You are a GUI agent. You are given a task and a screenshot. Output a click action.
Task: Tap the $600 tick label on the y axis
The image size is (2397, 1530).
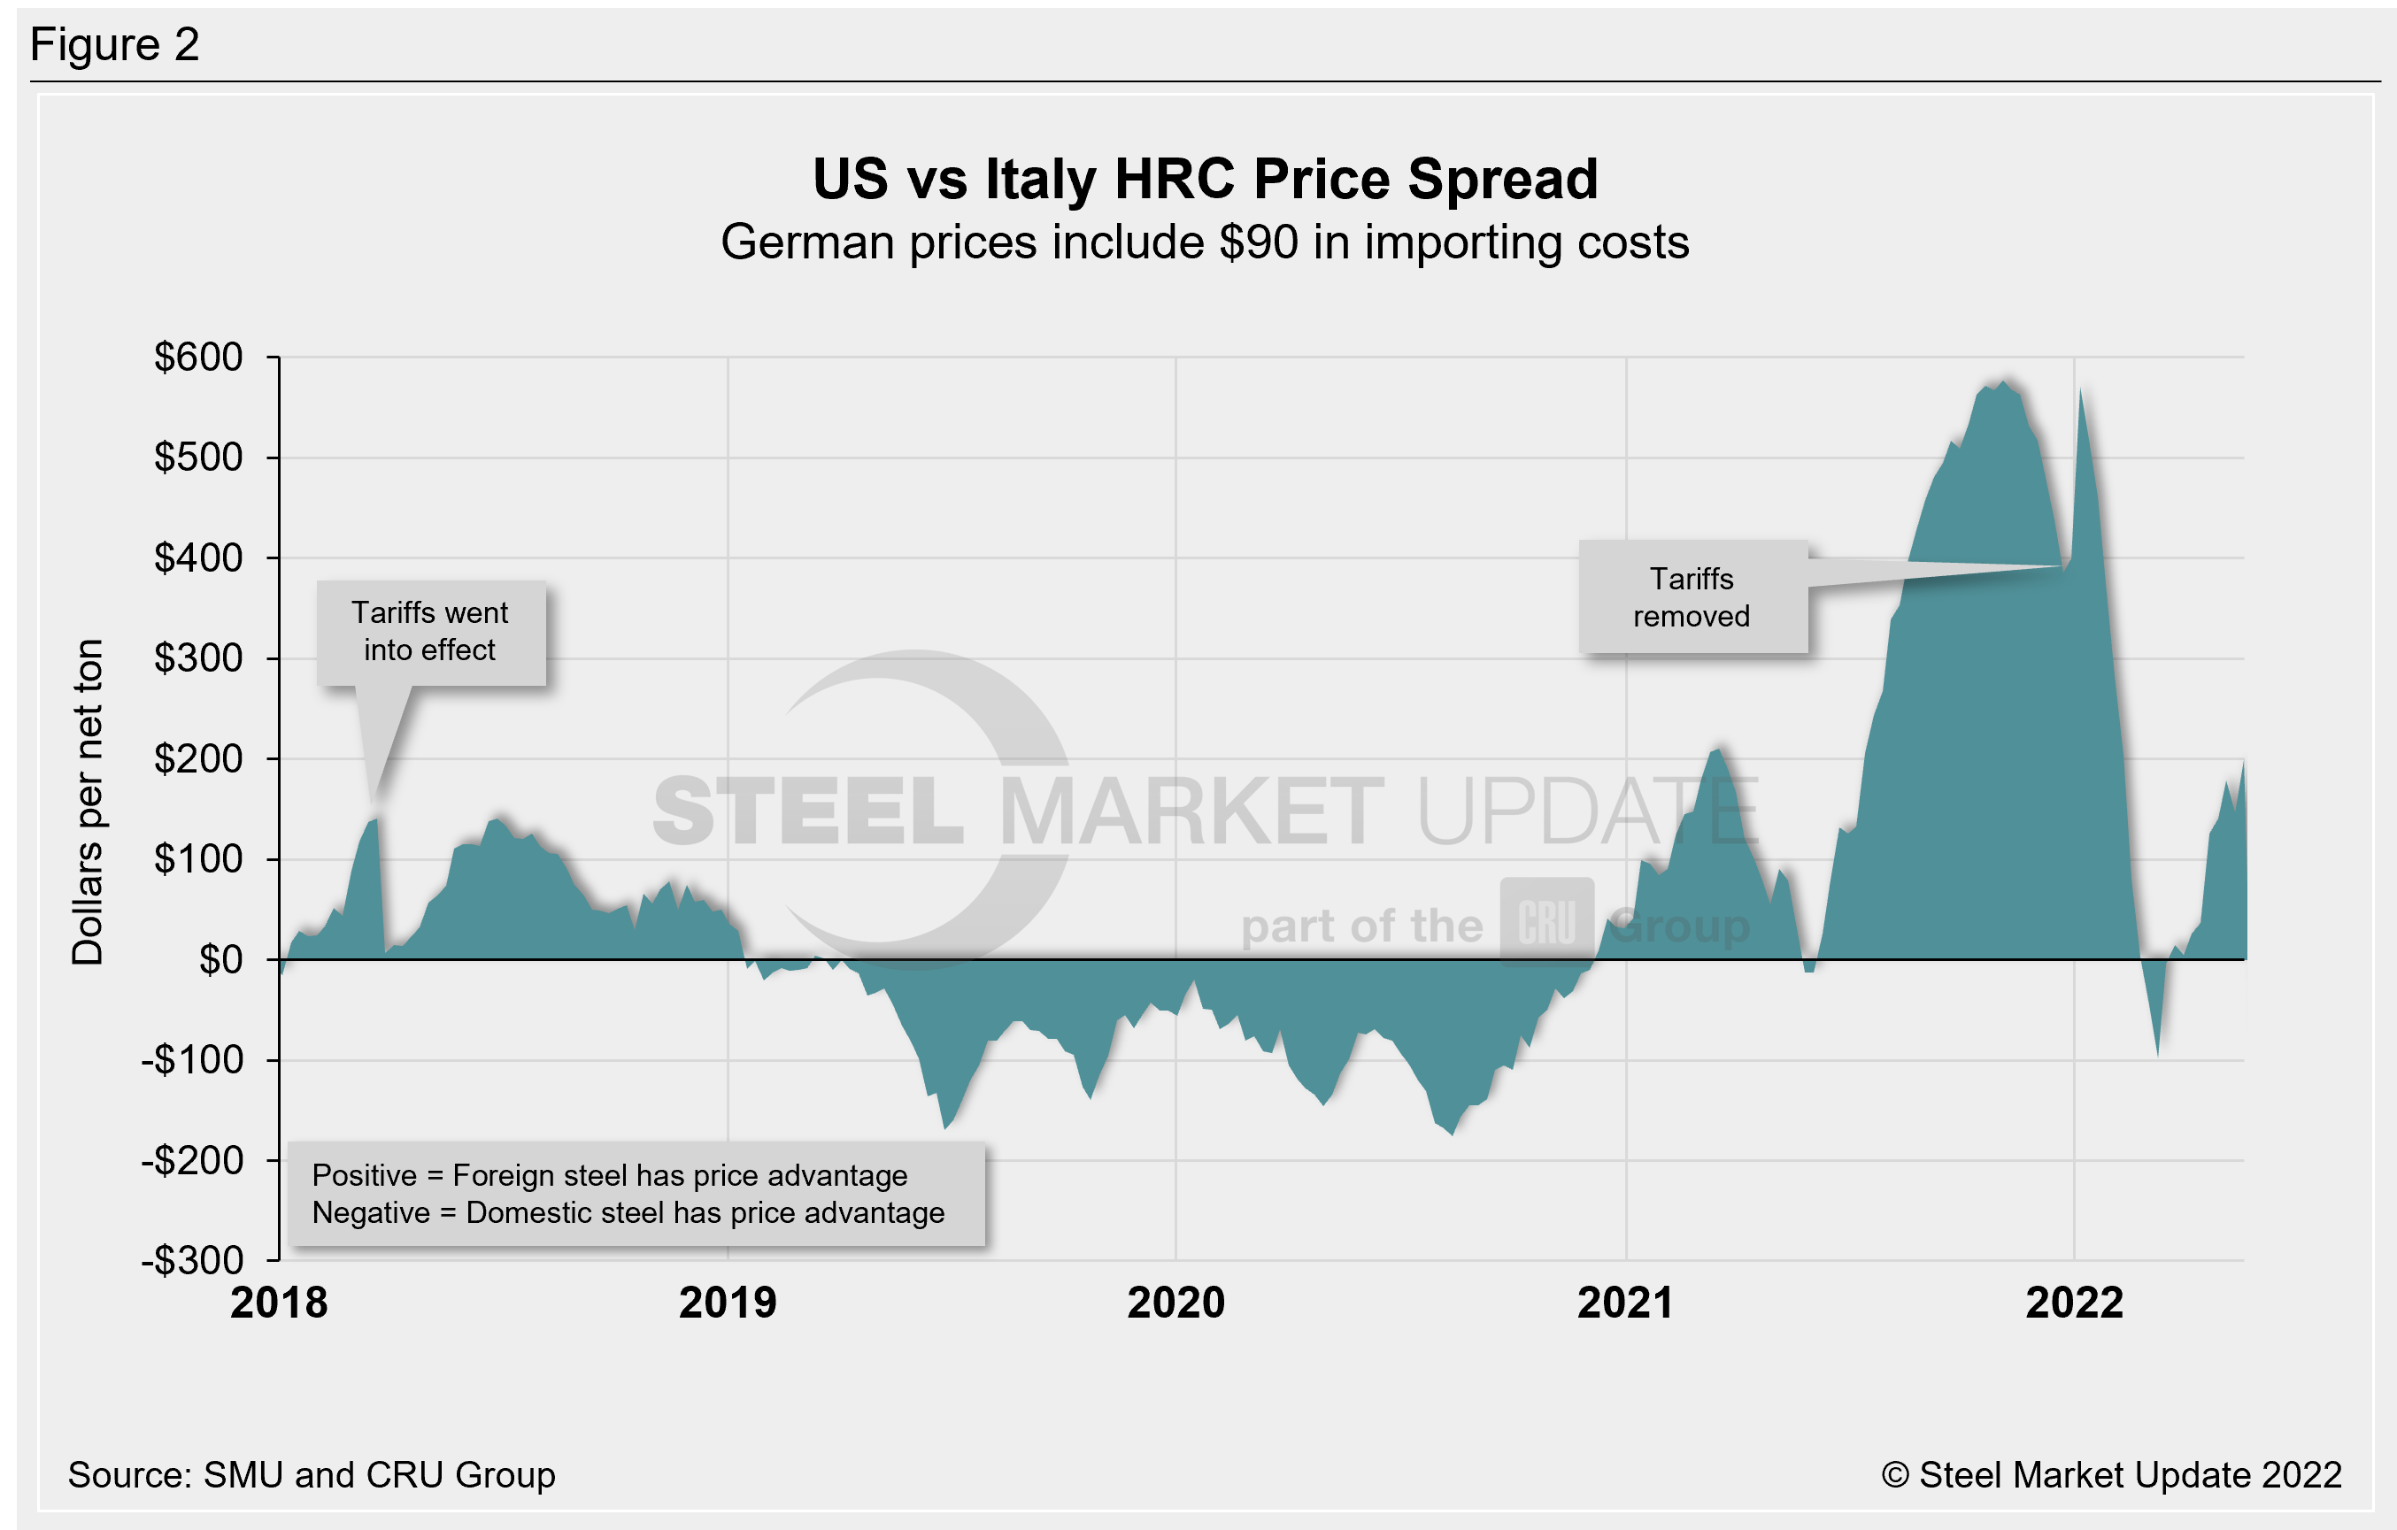pyautogui.click(x=198, y=357)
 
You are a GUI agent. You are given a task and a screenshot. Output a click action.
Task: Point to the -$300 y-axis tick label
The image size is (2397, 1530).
pyautogui.click(x=192, y=1260)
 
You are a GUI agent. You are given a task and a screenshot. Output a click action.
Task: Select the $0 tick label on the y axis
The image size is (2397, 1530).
pyautogui.click(x=221, y=959)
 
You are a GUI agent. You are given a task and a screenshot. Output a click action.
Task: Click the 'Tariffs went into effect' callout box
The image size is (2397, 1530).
pyautogui.click(x=431, y=632)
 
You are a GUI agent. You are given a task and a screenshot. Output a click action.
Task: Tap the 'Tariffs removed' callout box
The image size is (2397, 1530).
pyautogui.click(x=1692, y=597)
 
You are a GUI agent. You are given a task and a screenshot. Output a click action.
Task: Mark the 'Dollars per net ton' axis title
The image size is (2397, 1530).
pyautogui.click(x=88, y=803)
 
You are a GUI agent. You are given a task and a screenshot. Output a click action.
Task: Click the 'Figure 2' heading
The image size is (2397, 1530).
pyautogui.click(x=114, y=45)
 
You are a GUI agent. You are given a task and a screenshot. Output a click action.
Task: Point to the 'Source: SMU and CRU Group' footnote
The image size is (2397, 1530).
pyautogui.click(x=312, y=1474)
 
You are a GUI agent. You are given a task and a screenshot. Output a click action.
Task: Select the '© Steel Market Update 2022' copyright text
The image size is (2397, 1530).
pyautogui.click(x=2111, y=1474)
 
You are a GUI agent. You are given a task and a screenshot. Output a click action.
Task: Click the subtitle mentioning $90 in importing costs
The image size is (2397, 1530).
pyautogui.click(x=1205, y=242)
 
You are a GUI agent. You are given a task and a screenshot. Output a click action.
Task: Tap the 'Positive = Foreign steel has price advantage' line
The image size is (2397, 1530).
pyautogui.click(x=609, y=1176)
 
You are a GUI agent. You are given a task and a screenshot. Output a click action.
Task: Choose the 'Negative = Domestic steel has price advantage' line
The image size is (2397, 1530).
pyautogui.click(x=628, y=1212)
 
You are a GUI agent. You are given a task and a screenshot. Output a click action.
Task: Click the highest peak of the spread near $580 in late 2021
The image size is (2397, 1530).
pyautogui.click(x=2004, y=381)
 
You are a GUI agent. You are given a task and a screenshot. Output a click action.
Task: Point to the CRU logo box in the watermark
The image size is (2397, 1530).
pyautogui.click(x=1547, y=922)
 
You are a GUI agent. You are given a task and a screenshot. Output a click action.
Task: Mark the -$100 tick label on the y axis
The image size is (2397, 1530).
pyautogui.click(x=192, y=1060)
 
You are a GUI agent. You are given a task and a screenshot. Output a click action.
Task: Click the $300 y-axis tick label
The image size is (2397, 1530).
pyautogui.click(x=198, y=658)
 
